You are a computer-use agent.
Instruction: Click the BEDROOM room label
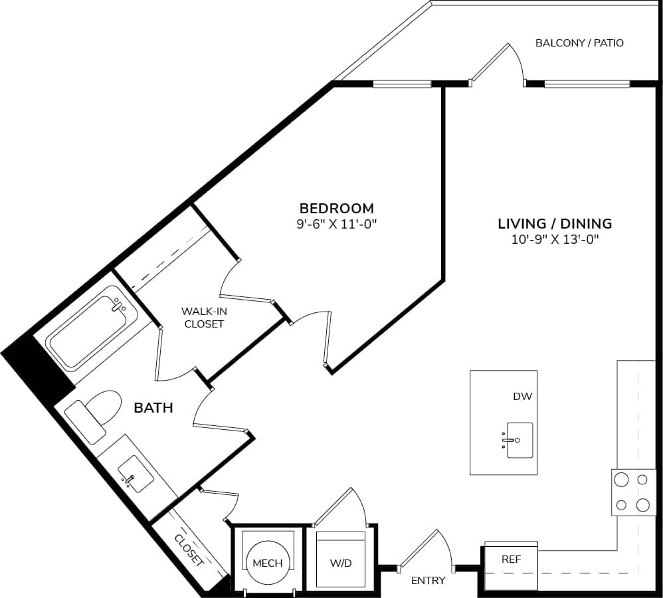pyautogui.click(x=336, y=208)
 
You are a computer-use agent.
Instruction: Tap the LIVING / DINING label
pyautogui.click(x=555, y=223)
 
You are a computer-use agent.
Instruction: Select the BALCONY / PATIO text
pyautogui.click(x=579, y=43)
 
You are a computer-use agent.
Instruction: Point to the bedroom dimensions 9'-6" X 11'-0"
pyautogui.click(x=336, y=225)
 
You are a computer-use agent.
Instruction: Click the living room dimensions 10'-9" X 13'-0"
pyautogui.click(x=555, y=240)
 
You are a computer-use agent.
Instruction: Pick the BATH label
pyautogui.click(x=153, y=408)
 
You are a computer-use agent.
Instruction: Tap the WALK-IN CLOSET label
pyautogui.click(x=204, y=318)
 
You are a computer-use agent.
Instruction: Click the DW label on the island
pyautogui.click(x=522, y=397)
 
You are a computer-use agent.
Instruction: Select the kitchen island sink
pyautogui.click(x=520, y=440)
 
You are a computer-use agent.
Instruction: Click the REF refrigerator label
pyautogui.click(x=511, y=559)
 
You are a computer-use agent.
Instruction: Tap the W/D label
pyautogui.click(x=341, y=563)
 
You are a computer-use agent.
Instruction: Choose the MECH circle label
pyautogui.click(x=267, y=563)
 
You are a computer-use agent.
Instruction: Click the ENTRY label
pyautogui.click(x=428, y=581)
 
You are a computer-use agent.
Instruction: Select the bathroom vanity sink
pyautogui.click(x=136, y=474)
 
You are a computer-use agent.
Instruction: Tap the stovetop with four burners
pyautogui.click(x=631, y=492)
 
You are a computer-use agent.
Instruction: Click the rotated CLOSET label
pyautogui.click(x=189, y=549)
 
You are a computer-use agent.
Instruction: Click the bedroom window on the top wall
pyautogui.click(x=402, y=84)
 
